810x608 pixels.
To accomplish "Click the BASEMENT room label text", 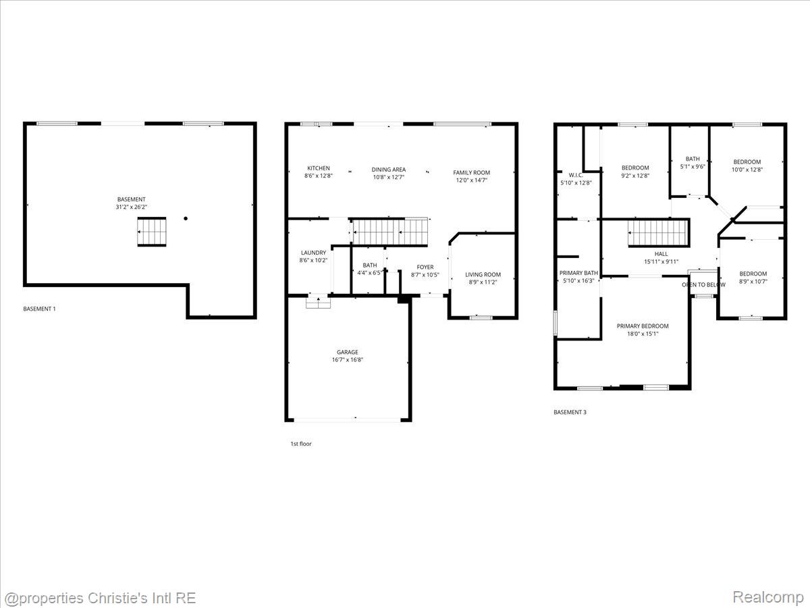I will pyautogui.click(x=131, y=199).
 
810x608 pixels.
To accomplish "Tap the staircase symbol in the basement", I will pyautogui.click(x=152, y=232).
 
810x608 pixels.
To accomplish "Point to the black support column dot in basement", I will pyautogui.click(x=186, y=218).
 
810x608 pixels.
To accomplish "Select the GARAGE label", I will pyautogui.click(x=348, y=352).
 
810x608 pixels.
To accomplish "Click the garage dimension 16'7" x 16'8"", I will pyautogui.click(x=348, y=360).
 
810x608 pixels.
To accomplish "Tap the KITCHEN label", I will pyautogui.click(x=319, y=168).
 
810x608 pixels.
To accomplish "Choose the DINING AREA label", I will pyautogui.click(x=389, y=170).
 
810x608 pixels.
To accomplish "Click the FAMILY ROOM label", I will pyautogui.click(x=471, y=173).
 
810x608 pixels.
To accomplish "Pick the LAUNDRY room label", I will pyautogui.click(x=313, y=253).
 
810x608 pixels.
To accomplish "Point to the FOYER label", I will pyautogui.click(x=425, y=267).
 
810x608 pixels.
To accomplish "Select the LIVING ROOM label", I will pyautogui.click(x=483, y=274).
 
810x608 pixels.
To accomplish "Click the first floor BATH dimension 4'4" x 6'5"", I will pyautogui.click(x=370, y=273).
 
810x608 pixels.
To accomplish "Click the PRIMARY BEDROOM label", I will pyautogui.click(x=643, y=326).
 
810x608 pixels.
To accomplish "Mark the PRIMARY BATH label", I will pyautogui.click(x=578, y=273).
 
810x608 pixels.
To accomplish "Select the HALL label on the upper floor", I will pyautogui.click(x=661, y=254).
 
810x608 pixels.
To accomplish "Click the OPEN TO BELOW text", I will pyautogui.click(x=703, y=284).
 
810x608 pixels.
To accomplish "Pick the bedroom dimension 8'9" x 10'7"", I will pyautogui.click(x=753, y=281).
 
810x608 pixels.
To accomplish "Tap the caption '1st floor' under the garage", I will pyautogui.click(x=300, y=444).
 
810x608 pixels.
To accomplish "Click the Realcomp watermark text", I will pyautogui.click(x=767, y=597).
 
